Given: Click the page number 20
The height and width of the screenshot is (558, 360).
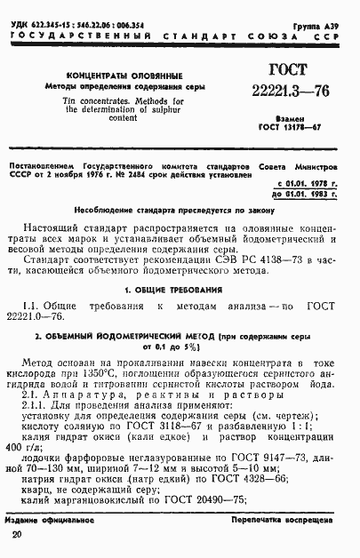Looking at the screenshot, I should [17, 533].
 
